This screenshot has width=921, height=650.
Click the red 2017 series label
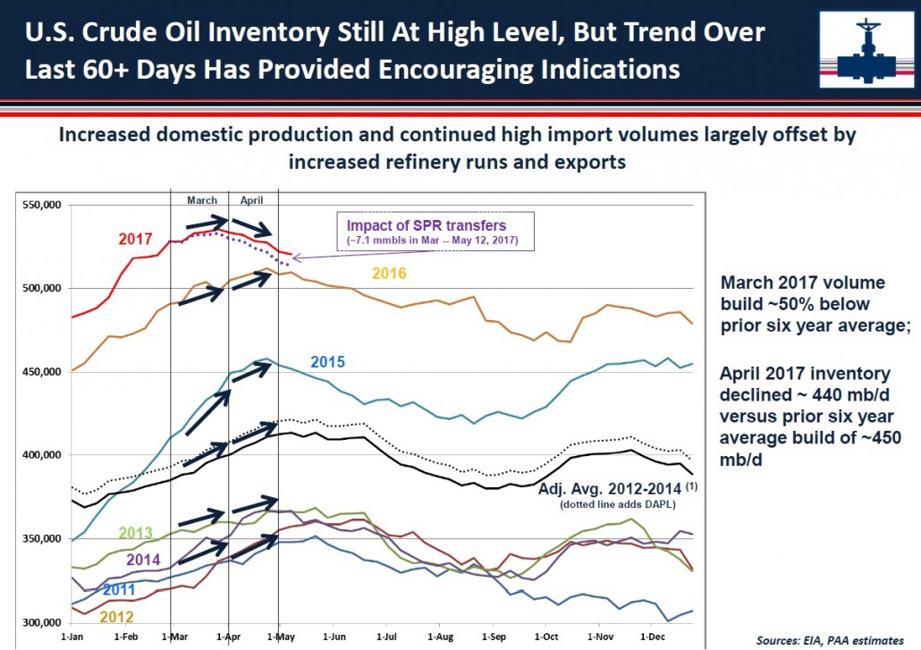(x=135, y=239)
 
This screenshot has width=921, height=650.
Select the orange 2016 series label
(x=389, y=273)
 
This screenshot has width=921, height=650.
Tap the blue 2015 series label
(x=327, y=362)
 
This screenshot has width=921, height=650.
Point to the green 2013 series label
(x=136, y=533)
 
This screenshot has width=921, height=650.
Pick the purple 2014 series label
(x=143, y=560)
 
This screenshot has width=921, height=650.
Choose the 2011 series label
(x=119, y=589)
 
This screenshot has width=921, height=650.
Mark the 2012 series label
(x=116, y=617)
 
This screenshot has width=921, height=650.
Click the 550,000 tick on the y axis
(x=42, y=205)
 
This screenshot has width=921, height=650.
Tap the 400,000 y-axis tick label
(x=42, y=455)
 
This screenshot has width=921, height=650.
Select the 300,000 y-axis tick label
(x=42, y=622)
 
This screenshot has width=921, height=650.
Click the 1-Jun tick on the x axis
(x=334, y=637)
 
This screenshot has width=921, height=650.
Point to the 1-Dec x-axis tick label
(x=653, y=637)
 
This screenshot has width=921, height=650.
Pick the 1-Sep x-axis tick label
(x=494, y=637)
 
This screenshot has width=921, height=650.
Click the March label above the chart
(x=202, y=200)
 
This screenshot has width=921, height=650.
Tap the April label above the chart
(x=251, y=200)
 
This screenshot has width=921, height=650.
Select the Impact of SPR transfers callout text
(x=427, y=225)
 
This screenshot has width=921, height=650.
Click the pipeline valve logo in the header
(x=867, y=50)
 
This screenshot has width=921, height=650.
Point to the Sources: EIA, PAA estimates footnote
(x=830, y=640)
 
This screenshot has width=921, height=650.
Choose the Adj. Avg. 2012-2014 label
(x=611, y=488)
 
